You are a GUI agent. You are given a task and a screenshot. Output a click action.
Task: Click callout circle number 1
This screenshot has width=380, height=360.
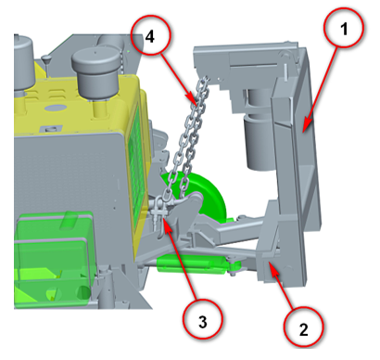344,28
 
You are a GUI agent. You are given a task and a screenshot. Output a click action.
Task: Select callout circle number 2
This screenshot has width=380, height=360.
304,327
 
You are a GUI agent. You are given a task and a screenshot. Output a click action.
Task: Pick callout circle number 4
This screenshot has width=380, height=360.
150,35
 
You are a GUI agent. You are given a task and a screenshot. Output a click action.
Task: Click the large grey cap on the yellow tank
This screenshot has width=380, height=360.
96,71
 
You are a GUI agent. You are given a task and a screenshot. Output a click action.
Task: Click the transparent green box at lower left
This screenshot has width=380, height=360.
54,260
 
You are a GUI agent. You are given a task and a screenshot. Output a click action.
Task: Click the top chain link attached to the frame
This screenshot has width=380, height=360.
204,84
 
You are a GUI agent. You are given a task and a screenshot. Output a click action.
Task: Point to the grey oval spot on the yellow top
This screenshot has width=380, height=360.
56,108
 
